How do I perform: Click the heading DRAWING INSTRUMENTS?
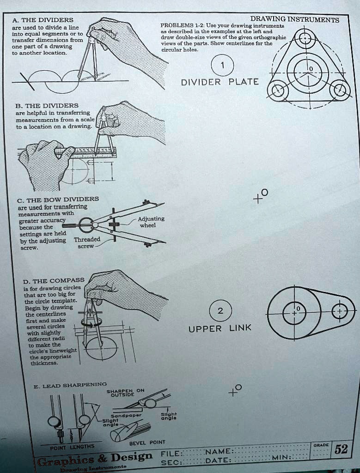tap(294, 20)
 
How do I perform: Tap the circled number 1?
tap(223, 66)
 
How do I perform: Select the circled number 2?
tap(220, 310)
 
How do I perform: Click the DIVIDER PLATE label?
tap(220, 82)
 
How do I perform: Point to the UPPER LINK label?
tap(220, 328)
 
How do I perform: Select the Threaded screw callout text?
tap(87, 243)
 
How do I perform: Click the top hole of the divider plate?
tap(305, 38)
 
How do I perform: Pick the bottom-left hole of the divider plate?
tap(279, 90)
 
